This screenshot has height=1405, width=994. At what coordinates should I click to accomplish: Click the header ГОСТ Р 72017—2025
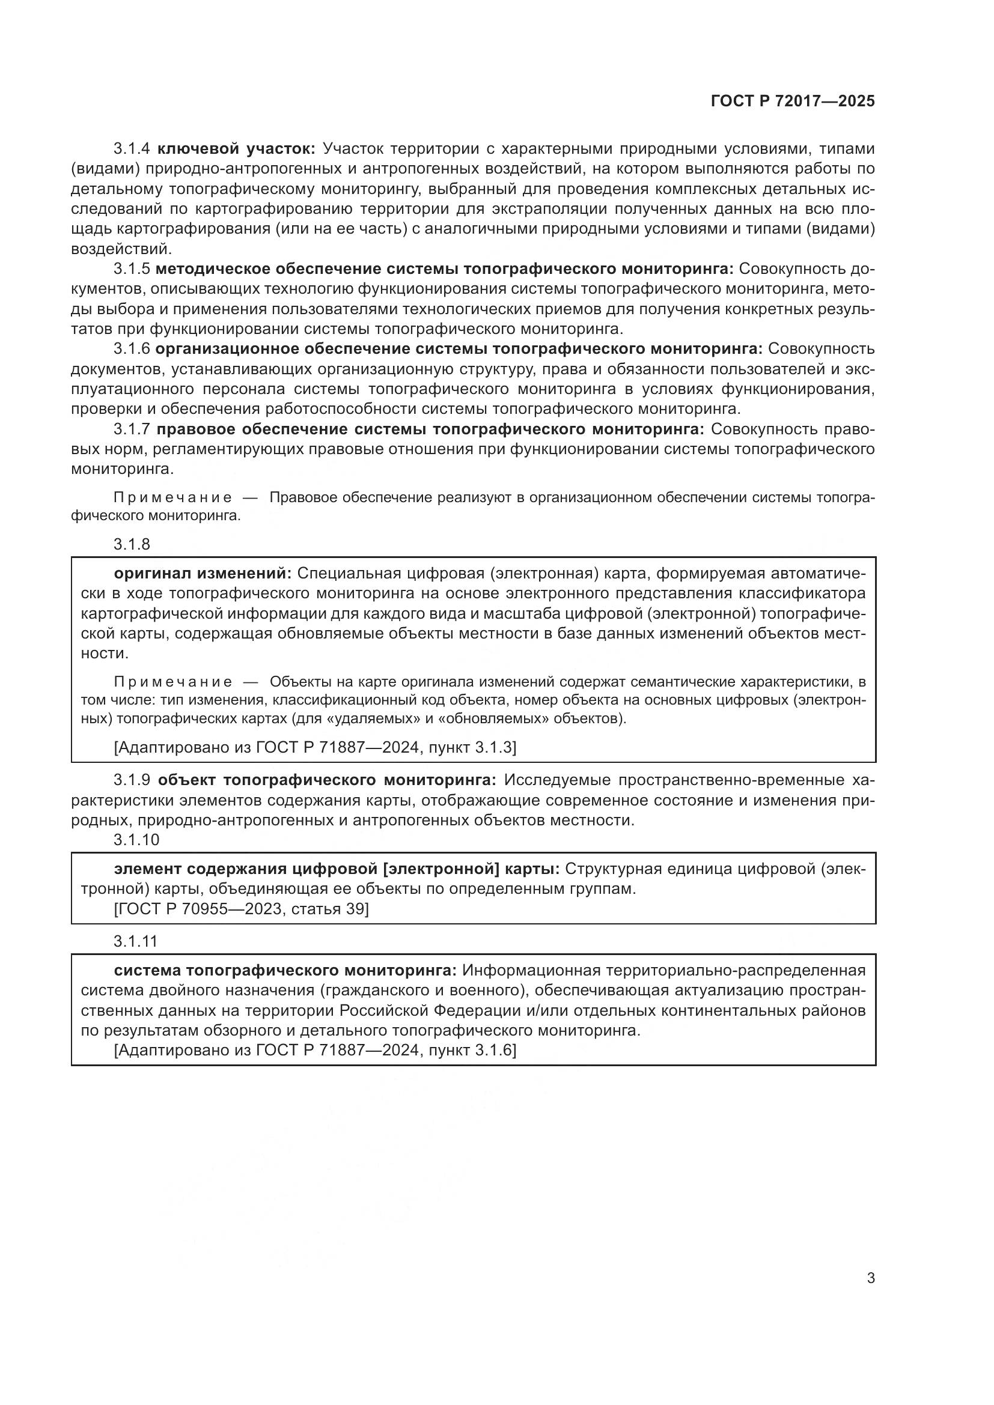[793, 102]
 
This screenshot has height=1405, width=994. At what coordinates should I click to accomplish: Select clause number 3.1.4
[132, 149]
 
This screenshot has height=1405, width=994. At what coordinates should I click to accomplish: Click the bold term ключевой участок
[236, 149]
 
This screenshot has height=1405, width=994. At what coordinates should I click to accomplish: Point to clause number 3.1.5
[132, 269]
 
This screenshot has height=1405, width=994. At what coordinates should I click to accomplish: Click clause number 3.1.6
[132, 349]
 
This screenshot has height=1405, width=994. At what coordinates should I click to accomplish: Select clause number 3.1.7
[132, 429]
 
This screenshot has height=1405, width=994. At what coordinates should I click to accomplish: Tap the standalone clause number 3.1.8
[132, 544]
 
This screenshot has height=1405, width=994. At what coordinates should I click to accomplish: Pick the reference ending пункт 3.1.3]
[316, 747]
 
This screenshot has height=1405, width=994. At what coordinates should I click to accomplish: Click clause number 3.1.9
[132, 780]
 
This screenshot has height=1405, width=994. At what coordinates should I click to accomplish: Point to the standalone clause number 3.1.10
[136, 840]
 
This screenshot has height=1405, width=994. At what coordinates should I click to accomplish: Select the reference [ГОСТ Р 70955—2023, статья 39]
[241, 909]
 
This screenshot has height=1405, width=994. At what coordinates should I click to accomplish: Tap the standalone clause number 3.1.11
[135, 941]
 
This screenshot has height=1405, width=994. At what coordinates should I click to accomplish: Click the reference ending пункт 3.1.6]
[316, 1050]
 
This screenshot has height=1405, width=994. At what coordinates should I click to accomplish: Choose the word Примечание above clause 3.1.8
[172, 497]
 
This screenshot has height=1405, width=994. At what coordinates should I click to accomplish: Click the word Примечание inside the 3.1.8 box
[172, 682]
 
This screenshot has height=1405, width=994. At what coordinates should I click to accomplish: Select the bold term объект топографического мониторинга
[327, 780]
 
